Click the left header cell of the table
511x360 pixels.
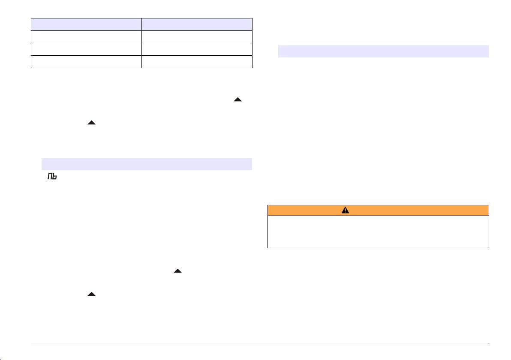pos(86,24)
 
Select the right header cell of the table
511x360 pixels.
pos(197,24)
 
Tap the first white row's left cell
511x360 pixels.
pos(86,36)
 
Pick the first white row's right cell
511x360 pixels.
pos(197,36)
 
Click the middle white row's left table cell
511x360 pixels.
pos(86,49)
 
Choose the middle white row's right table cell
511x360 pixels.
pos(197,49)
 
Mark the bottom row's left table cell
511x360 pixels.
pos(86,62)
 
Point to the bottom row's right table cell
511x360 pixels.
pos(197,62)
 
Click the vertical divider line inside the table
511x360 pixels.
pos(141,43)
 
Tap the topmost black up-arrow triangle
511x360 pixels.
pos(238,99)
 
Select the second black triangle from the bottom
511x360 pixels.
pos(177,271)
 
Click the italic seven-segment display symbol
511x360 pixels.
pos(51,177)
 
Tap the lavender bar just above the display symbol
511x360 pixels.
pos(147,164)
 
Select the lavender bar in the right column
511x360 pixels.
pos(383,51)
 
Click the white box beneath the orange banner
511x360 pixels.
pos(378,231)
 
